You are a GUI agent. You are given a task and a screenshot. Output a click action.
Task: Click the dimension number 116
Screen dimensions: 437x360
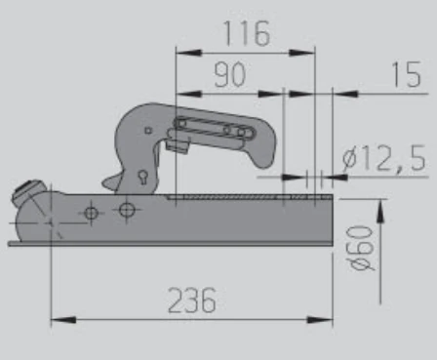[247, 33]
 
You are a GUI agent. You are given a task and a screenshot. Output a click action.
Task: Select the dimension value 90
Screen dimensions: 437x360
[230, 75]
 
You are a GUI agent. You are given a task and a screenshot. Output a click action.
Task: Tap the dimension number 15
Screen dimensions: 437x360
[407, 74]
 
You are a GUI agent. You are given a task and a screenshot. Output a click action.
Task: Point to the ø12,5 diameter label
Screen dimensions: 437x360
[384, 158]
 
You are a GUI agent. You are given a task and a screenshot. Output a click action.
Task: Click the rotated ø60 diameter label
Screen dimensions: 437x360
[361, 249]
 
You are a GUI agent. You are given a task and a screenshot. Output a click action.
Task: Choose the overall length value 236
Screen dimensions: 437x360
[192, 300]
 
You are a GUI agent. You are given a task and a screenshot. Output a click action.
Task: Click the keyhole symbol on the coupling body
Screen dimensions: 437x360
[143, 178]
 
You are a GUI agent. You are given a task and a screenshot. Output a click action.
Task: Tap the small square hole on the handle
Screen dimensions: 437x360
[148, 131]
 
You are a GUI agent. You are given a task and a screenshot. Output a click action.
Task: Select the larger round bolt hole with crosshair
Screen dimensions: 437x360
[127, 210]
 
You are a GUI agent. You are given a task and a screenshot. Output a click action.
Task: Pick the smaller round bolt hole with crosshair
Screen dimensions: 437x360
[91, 214]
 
